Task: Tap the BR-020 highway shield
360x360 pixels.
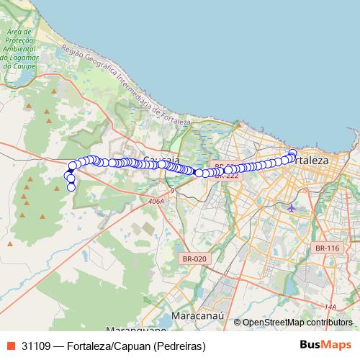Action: pos(194,258)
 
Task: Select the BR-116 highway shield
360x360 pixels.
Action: pos(326,248)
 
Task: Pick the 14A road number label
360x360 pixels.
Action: pos(330,307)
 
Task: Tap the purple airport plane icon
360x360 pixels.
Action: pos(291,208)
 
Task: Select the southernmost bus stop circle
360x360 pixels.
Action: pos(71,188)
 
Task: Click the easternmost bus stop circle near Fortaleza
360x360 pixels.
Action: pos(292,153)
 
